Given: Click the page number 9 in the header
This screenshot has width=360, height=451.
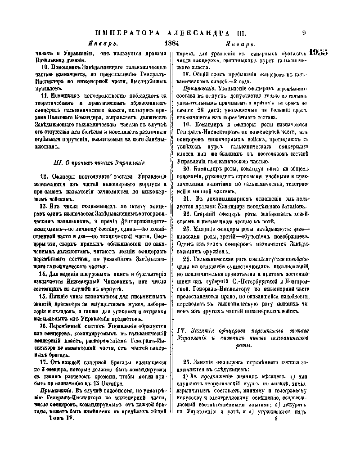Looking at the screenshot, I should tap(304, 33).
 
